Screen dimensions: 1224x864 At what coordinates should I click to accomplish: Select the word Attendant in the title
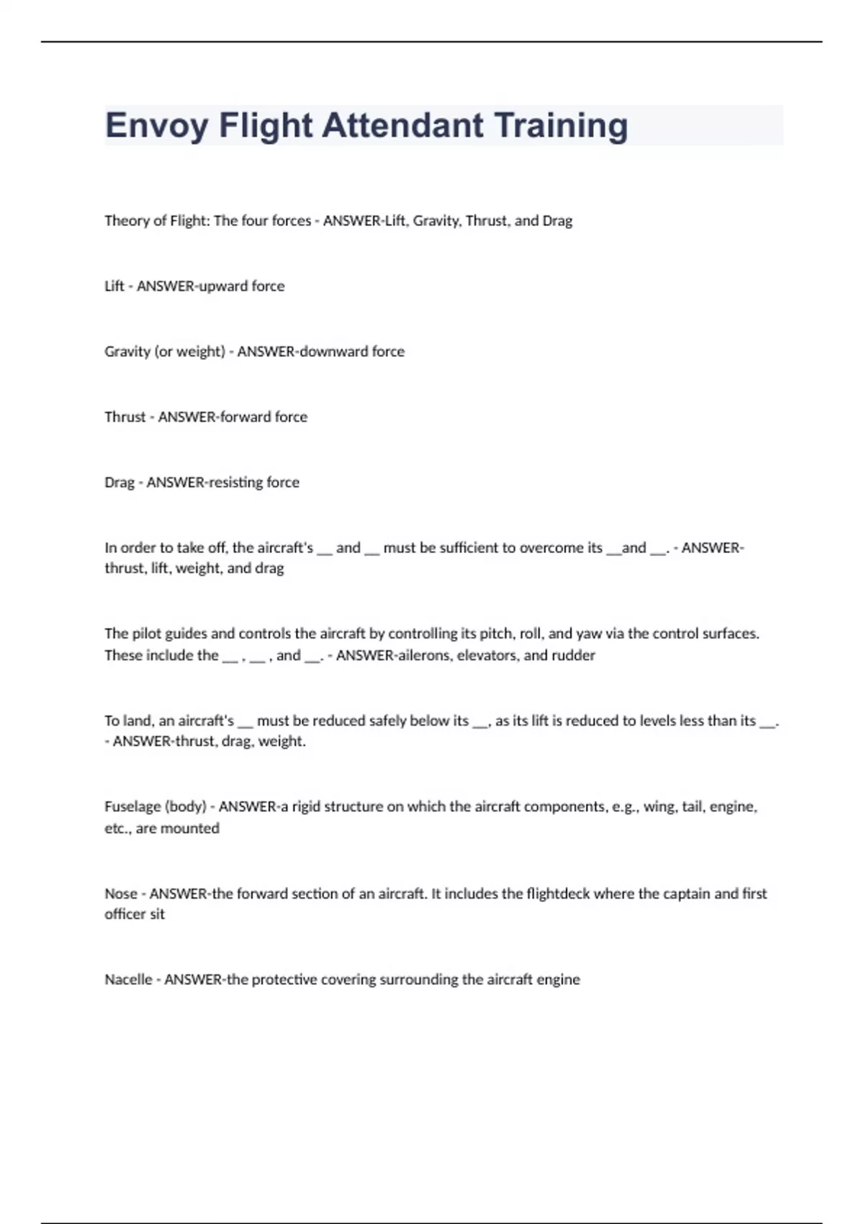click(402, 125)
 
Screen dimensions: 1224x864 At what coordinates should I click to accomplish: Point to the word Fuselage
click(132, 806)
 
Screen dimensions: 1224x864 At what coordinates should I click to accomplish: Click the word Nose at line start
click(120, 894)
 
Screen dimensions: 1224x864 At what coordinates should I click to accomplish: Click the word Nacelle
click(128, 979)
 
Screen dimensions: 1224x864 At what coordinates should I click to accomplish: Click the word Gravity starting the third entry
click(127, 351)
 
